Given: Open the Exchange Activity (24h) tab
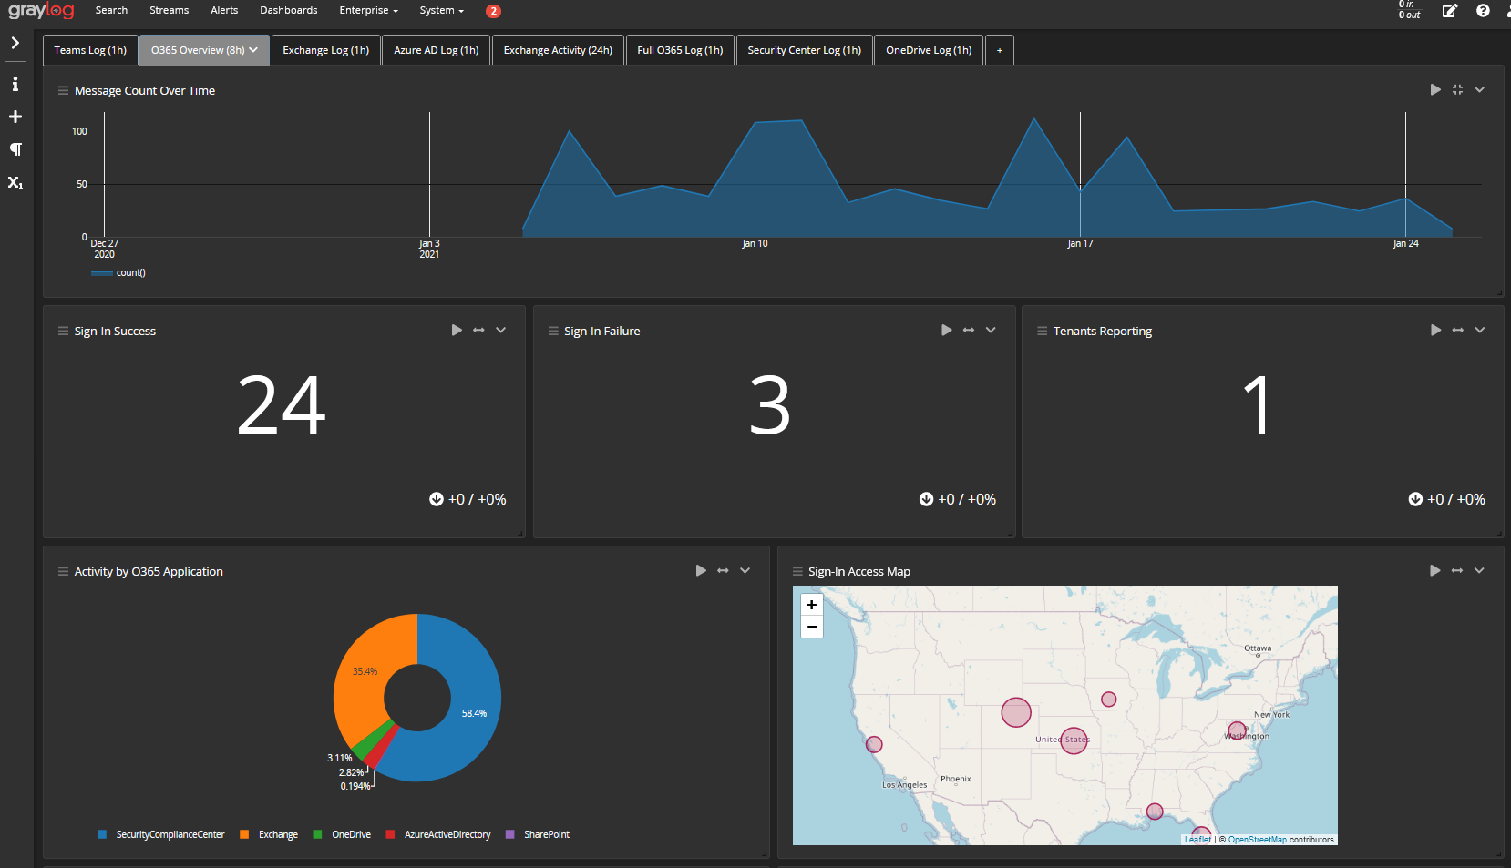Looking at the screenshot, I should click(x=558, y=50).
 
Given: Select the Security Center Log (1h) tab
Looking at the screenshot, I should click(x=804, y=50).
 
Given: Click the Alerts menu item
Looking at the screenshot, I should click(x=224, y=10).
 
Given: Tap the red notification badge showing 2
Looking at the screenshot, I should click(x=493, y=11).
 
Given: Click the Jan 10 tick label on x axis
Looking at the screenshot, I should click(x=755, y=243).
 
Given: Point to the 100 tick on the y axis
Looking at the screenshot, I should click(x=79, y=131).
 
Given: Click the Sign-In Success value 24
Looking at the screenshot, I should click(x=282, y=405).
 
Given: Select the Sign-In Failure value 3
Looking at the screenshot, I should click(x=770, y=405).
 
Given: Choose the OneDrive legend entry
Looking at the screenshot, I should click(x=351, y=834).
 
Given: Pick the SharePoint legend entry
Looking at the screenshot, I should click(x=546, y=834).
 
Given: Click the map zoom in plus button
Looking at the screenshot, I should click(x=811, y=605).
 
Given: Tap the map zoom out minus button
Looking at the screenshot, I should click(x=811, y=627).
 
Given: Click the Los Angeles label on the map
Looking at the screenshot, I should click(x=904, y=784).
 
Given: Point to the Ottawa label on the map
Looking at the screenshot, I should click(x=1258, y=648).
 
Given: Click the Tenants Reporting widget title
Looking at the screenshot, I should click(x=1102, y=331).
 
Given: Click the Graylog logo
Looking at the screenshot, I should click(x=41, y=11).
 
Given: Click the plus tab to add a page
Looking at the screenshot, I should click(x=999, y=50).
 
